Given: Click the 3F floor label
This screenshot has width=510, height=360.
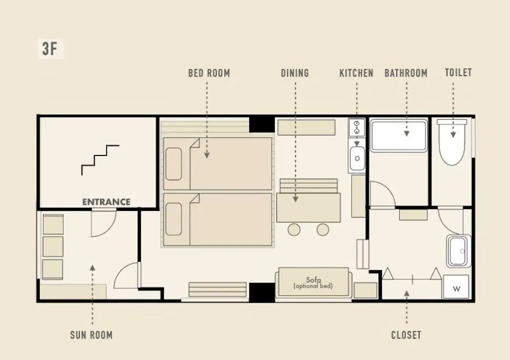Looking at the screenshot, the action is coord(50,49).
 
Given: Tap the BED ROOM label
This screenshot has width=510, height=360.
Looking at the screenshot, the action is coord(209,73).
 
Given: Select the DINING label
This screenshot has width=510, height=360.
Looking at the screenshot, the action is coord(295,73).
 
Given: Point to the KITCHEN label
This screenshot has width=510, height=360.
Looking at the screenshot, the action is coord(356,73).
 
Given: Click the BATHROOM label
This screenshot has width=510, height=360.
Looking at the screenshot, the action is coord(406,73).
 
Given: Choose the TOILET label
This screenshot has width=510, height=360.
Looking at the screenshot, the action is coord(458,73).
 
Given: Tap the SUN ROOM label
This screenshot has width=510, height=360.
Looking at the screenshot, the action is coord(91,335).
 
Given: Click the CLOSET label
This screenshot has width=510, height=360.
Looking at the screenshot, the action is coord(406,335).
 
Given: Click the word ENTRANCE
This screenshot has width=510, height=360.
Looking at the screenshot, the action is coord(107,202).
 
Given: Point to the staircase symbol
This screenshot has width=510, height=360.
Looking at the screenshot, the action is coord(100,160).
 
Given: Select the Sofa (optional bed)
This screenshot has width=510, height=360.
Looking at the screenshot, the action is coord(314,283).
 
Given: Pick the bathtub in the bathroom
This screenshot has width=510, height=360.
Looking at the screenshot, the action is coord(399,136).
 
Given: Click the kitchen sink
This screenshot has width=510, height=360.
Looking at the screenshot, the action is coord(357,159).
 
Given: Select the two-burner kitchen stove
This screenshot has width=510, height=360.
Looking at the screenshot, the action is coord(357,128).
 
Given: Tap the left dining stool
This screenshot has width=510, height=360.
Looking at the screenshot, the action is coord(294,230).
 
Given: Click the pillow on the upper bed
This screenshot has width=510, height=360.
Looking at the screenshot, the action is coord(174,164).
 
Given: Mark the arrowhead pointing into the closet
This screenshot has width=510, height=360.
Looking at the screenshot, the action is coord(407,293).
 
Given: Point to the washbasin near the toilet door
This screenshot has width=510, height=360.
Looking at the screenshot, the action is coord(459,251).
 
